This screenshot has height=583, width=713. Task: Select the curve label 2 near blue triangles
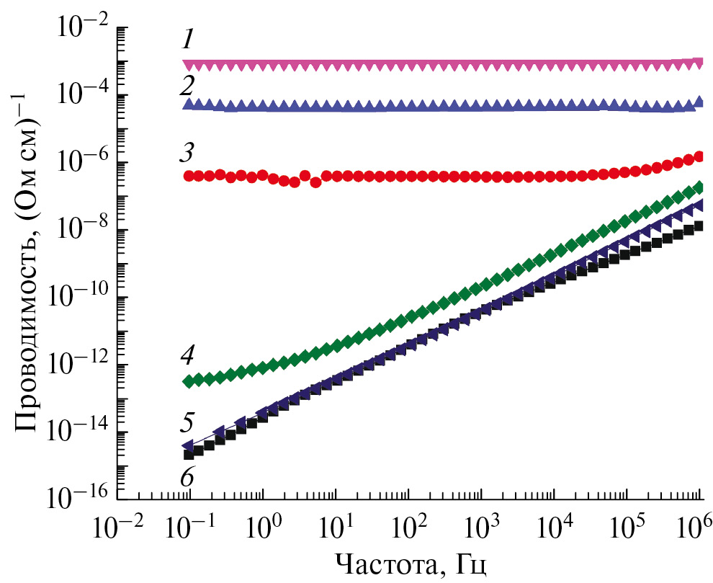click(188, 86)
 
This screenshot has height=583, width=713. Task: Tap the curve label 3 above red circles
click(187, 153)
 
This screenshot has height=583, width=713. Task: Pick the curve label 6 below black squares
click(187, 476)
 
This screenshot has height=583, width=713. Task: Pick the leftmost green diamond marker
click(189, 380)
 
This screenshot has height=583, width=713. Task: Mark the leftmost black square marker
click(189, 454)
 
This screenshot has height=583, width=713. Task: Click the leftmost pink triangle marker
click(189, 66)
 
